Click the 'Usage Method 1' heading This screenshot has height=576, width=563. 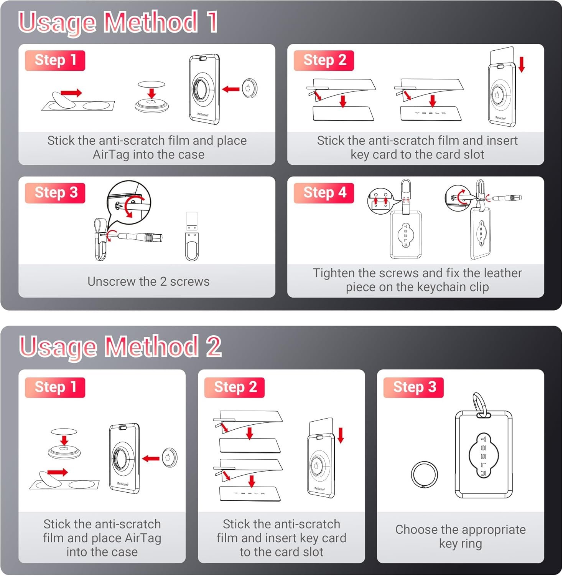118,22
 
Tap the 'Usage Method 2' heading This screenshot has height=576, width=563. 120,347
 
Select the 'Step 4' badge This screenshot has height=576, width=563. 324,193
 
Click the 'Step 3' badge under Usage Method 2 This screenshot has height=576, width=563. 414,387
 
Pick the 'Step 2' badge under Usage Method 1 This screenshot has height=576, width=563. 324,60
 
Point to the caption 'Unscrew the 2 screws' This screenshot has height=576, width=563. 148,281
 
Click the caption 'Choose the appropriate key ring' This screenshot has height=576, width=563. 460,536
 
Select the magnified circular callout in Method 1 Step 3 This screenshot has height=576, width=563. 129,202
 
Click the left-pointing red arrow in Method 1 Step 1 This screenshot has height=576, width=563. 231,89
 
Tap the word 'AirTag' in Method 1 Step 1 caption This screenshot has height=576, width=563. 111,154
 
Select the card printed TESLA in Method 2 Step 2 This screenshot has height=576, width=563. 250,493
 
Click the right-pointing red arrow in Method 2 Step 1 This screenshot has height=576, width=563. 58,472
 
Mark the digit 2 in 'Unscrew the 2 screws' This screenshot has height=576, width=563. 163,281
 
